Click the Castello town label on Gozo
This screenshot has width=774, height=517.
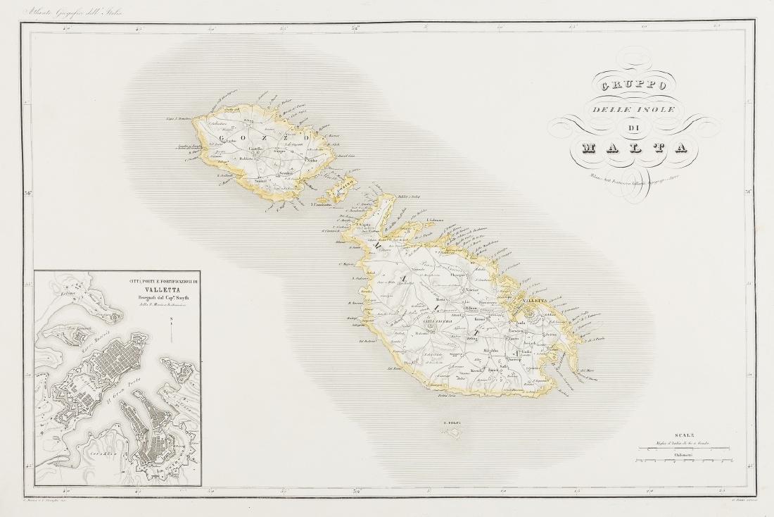pos(256,149)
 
